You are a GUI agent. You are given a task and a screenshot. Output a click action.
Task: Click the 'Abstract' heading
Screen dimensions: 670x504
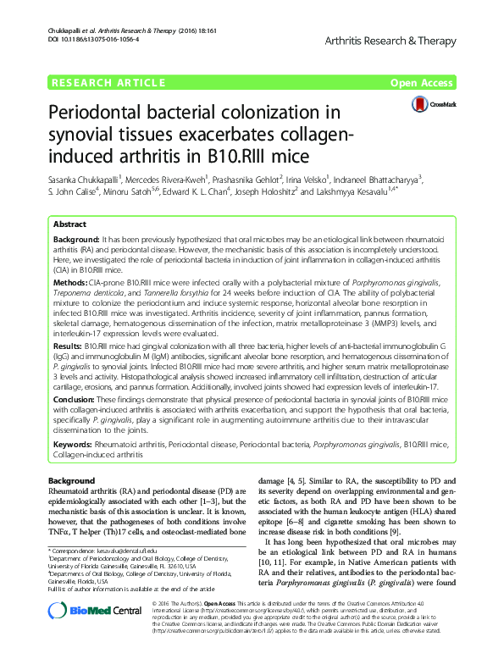[x=69, y=225]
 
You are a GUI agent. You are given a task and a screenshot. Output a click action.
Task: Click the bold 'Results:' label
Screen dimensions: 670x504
[x=70, y=346]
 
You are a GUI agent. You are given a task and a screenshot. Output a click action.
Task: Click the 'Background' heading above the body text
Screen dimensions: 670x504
[x=72, y=480]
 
